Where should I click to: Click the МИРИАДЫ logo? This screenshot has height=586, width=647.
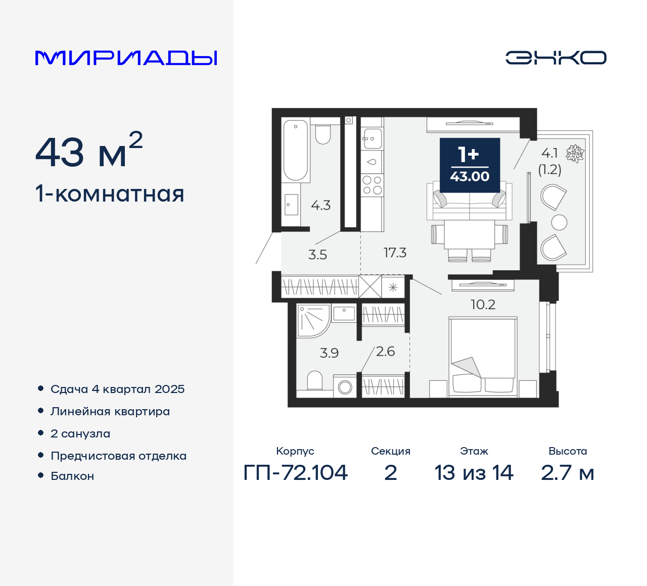pos(126,58)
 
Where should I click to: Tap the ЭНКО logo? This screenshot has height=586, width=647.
pos(556,58)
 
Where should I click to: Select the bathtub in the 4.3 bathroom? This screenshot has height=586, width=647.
pos(295,150)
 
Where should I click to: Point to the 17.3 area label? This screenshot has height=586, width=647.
pos(395,253)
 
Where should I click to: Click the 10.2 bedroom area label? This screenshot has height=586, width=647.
pos(483,305)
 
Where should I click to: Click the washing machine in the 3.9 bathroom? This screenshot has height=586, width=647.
pos(345,387)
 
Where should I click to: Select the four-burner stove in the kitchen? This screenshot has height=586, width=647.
pos(372,185)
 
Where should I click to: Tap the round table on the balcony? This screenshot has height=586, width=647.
pos(559,222)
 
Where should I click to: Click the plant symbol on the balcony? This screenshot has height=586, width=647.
pos(575,154)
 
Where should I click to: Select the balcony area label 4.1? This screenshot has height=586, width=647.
pos(549,153)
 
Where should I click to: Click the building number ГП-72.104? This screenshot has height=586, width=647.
pos(296,473)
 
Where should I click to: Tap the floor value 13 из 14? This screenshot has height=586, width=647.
pos(474,473)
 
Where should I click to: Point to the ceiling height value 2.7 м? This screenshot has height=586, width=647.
pos(567,473)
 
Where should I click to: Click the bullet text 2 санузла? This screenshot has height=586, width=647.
pos(80,433)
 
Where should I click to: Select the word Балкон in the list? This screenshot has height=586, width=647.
pos(72,476)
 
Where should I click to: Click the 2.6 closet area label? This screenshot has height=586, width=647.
pos(385,352)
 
